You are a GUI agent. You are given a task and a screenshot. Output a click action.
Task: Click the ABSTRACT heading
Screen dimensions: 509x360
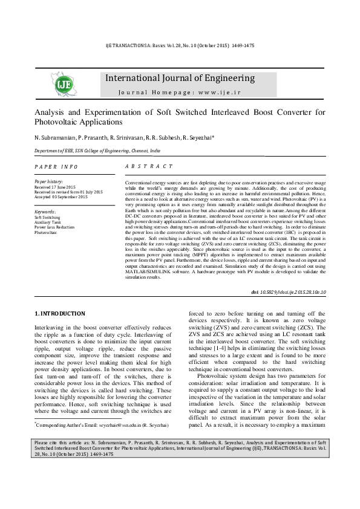tap(149, 166)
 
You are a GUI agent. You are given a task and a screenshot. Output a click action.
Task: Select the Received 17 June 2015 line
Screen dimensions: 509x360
tap(55, 187)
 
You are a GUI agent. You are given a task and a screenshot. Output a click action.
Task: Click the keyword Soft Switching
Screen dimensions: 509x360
tap(47, 217)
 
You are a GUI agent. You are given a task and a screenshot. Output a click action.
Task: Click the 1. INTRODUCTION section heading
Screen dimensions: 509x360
tap(59, 314)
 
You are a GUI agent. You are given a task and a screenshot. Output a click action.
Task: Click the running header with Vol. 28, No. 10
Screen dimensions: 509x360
tap(180, 45)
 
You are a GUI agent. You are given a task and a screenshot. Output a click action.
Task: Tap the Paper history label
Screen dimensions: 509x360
tap(49, 181)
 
